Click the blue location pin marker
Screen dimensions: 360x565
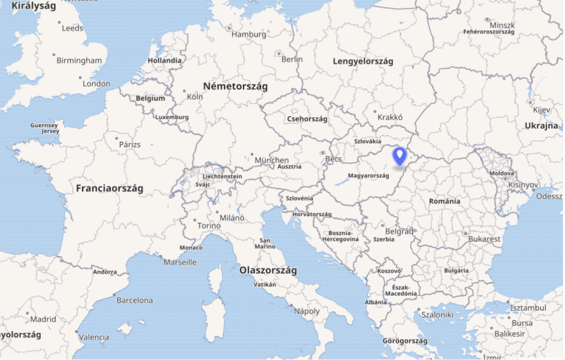pyautogui.click(x=399, y=155)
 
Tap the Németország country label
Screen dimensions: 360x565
pyautogui.click(x=235, y=87)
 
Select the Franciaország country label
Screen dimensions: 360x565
pyautogui.click(x=109, y=188)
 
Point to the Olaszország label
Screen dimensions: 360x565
pyautogui.click(x=268, y=271)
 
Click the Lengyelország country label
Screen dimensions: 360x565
pyautogui.click(x=363, y=61)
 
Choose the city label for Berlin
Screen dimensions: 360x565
pyautogui.click(x=292, y=59)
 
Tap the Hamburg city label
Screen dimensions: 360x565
pyautogui.click(x=248, y=34)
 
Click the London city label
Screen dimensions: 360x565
pyautogui.click(x=97, y=84)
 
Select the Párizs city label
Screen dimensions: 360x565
pyautogui.click(x=130, y=145)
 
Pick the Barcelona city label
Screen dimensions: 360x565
pyautogui.click(x=135, y=300)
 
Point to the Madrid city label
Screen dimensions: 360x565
pyautogui.click(x=43, y=319)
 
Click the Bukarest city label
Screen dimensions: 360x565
pyautogui.click(x=484, y=239)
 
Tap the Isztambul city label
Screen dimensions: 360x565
pyautogui.click(x=528, y=308)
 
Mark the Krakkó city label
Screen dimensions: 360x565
pyautogui.click(x=390, y=117)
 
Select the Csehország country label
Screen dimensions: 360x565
pyautogui.click(x=307, y=119)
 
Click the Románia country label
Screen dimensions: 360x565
pyautogui.click(x=444, y=201)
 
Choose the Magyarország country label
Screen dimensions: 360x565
pyautogui.click(x=369, y=176)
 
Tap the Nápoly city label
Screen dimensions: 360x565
pyautogui.click(x=307, y=311)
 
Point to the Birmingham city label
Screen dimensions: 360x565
pyautogui.click(x=79, y=60)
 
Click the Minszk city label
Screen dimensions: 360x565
pyautogui.click(x=502, y=25)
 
